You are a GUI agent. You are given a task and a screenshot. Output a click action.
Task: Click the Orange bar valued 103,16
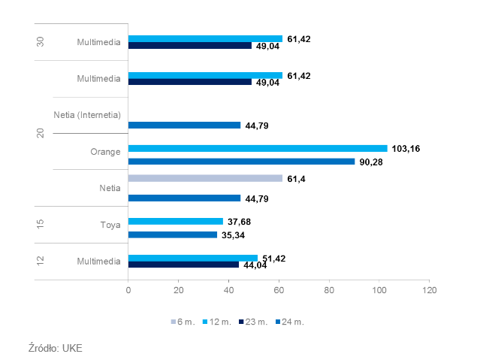point(258,149)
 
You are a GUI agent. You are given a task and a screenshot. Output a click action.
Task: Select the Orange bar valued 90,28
point(241,162)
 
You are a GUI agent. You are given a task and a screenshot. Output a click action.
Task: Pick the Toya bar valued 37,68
point(176,222)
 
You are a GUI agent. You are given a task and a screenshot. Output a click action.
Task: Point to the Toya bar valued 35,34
point(173,234)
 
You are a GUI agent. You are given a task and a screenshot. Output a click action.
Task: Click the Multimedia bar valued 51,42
point(193,258)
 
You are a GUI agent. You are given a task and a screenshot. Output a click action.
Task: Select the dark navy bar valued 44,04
point(183,265)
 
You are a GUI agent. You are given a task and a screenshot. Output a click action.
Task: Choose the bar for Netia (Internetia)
point(184,126)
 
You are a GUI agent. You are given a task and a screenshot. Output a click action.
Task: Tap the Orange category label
point(105,152)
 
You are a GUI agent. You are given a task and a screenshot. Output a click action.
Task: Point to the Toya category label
point(110,224)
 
